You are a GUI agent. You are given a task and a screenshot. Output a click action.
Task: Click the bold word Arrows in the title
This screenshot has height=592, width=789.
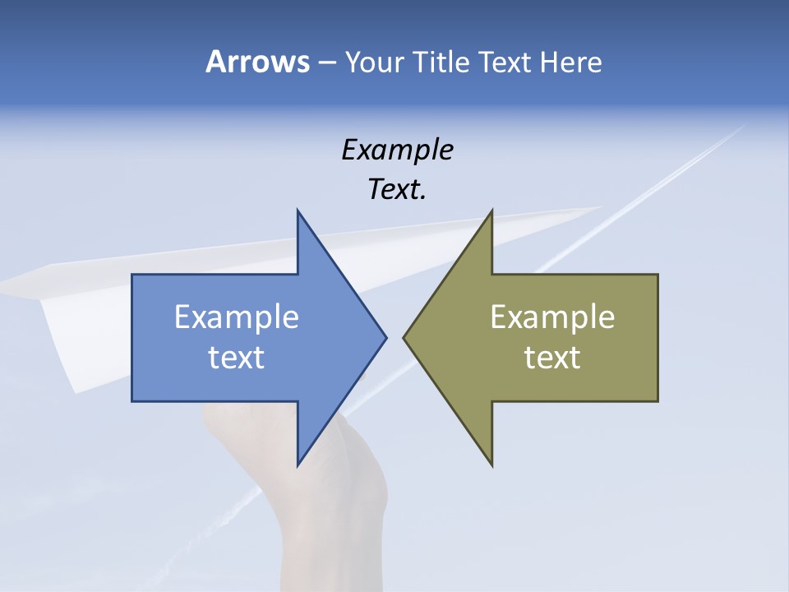(x=257, y=62)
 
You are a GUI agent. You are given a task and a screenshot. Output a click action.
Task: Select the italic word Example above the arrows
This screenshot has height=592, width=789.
(x=398, y=150)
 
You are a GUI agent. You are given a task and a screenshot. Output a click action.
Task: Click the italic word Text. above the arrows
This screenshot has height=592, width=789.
(x=398, y=190)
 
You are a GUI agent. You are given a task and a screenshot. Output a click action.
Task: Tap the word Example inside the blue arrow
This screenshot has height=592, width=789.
(x=237, y=317)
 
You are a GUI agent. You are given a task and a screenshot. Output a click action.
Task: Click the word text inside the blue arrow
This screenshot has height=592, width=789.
(x=237, y=358)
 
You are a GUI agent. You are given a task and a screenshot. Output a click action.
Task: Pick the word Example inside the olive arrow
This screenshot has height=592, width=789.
(x=552, y=317)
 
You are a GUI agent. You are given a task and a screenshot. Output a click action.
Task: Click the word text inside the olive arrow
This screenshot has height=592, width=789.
(x=552, y=358)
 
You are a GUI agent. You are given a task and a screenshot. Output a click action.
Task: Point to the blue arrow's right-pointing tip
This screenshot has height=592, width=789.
(x=385, y=337)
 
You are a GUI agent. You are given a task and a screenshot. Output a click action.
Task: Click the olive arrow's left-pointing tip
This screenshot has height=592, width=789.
(x=405, y=337)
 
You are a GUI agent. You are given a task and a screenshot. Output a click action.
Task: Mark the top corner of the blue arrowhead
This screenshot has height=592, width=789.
(x=298, y=211)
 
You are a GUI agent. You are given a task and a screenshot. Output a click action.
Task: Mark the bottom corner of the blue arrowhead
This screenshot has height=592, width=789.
(x=298, y=465)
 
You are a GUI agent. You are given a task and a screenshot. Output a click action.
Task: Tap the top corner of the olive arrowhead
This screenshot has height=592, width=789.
(x=491, y=211)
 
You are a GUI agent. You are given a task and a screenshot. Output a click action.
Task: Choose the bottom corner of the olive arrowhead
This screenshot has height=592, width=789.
(x=491, y=465)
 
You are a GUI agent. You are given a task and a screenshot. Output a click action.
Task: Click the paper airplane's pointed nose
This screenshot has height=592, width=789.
(x=601, y=207)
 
